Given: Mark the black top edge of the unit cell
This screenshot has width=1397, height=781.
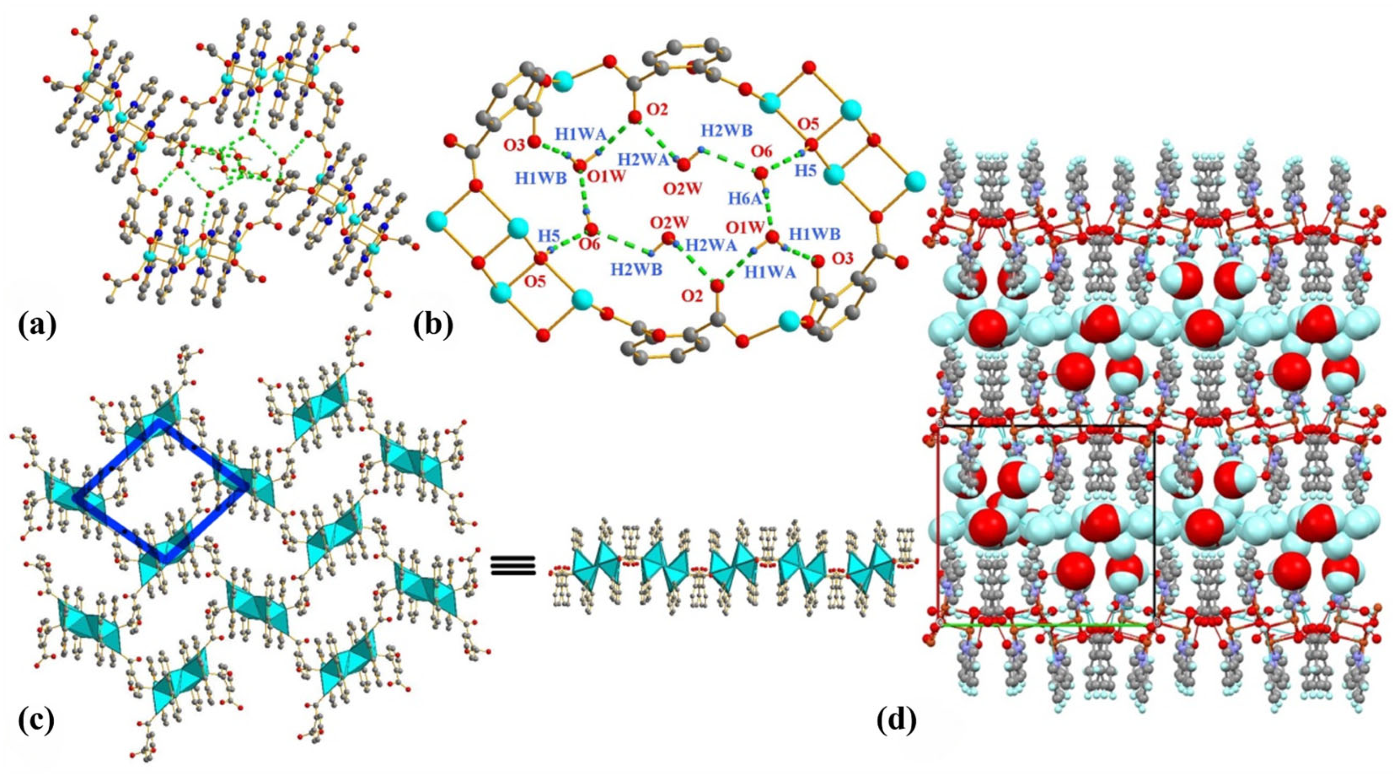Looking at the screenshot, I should click(1047, 426).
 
